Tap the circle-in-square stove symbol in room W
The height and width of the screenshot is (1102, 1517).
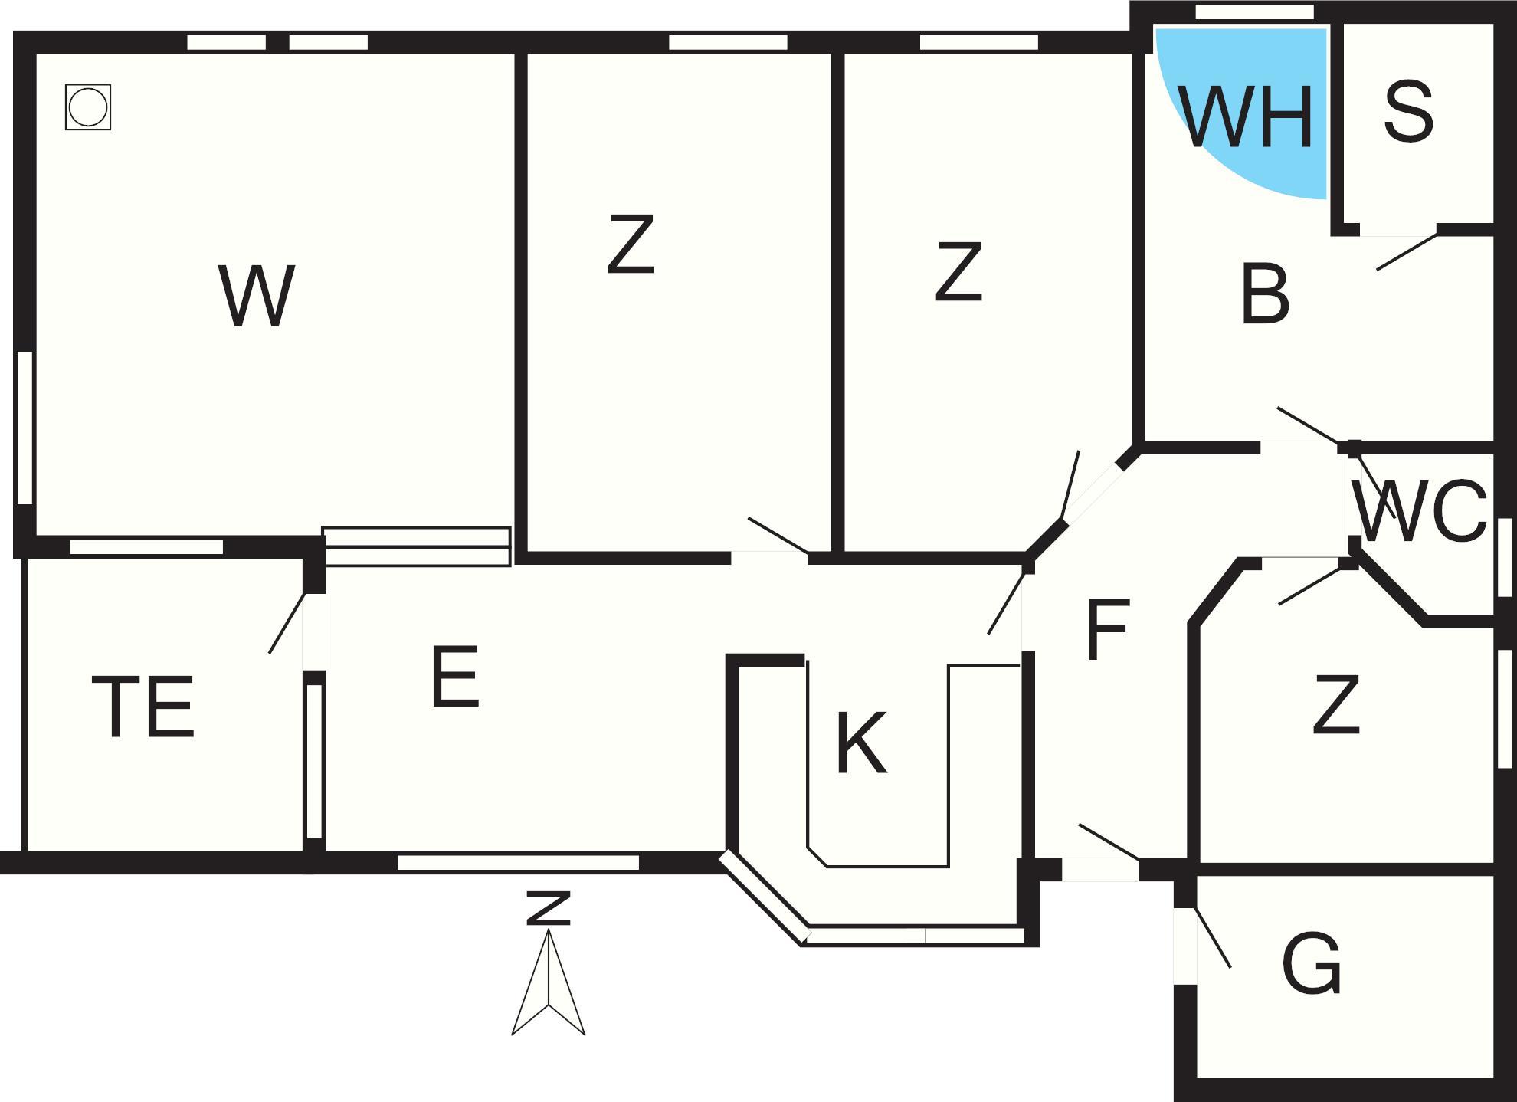coord(88,107)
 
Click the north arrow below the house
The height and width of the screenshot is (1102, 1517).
coord(549,981)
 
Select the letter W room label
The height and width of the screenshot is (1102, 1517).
coord(257,296)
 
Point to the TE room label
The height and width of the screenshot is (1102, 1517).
coord(143,707)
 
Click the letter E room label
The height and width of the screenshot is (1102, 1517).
coord(455,677)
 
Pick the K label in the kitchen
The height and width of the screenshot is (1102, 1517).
coord(861,743)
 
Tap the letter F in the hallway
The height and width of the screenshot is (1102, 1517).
coord(1108,631)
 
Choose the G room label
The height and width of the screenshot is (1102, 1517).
coord(1311,963)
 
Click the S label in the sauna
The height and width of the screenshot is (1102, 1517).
coord(1408,113)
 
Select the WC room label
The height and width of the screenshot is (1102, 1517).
coord(1420,512)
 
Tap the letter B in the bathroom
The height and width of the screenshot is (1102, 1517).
coord(1265,294)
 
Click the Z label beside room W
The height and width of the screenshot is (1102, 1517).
coord(631,244)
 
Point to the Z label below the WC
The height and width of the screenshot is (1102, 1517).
coord(1336,705)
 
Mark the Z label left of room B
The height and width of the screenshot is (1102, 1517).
coord(958,271)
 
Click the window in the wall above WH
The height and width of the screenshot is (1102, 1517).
coord(1254,12)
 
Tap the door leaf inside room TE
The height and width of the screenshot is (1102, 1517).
coord(287,623)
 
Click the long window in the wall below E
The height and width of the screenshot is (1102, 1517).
coord(518,863)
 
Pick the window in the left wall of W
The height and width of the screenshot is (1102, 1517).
coord(25,427)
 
